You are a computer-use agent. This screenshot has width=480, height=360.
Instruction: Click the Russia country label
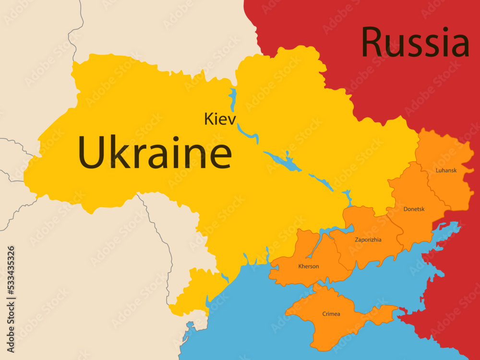415,43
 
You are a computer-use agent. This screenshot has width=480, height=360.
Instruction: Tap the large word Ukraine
155,152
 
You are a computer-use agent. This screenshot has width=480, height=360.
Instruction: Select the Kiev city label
220,119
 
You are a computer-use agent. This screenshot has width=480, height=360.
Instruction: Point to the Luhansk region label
446,170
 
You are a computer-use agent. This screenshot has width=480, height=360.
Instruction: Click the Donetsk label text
414,209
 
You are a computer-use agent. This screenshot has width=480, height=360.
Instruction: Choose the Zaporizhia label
368,240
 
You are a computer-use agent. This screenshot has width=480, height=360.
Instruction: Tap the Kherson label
308,266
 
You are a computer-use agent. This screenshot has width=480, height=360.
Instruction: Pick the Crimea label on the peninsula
331,314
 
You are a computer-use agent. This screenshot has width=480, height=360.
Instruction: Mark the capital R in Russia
372,43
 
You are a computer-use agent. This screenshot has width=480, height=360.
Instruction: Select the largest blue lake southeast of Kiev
283,160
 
